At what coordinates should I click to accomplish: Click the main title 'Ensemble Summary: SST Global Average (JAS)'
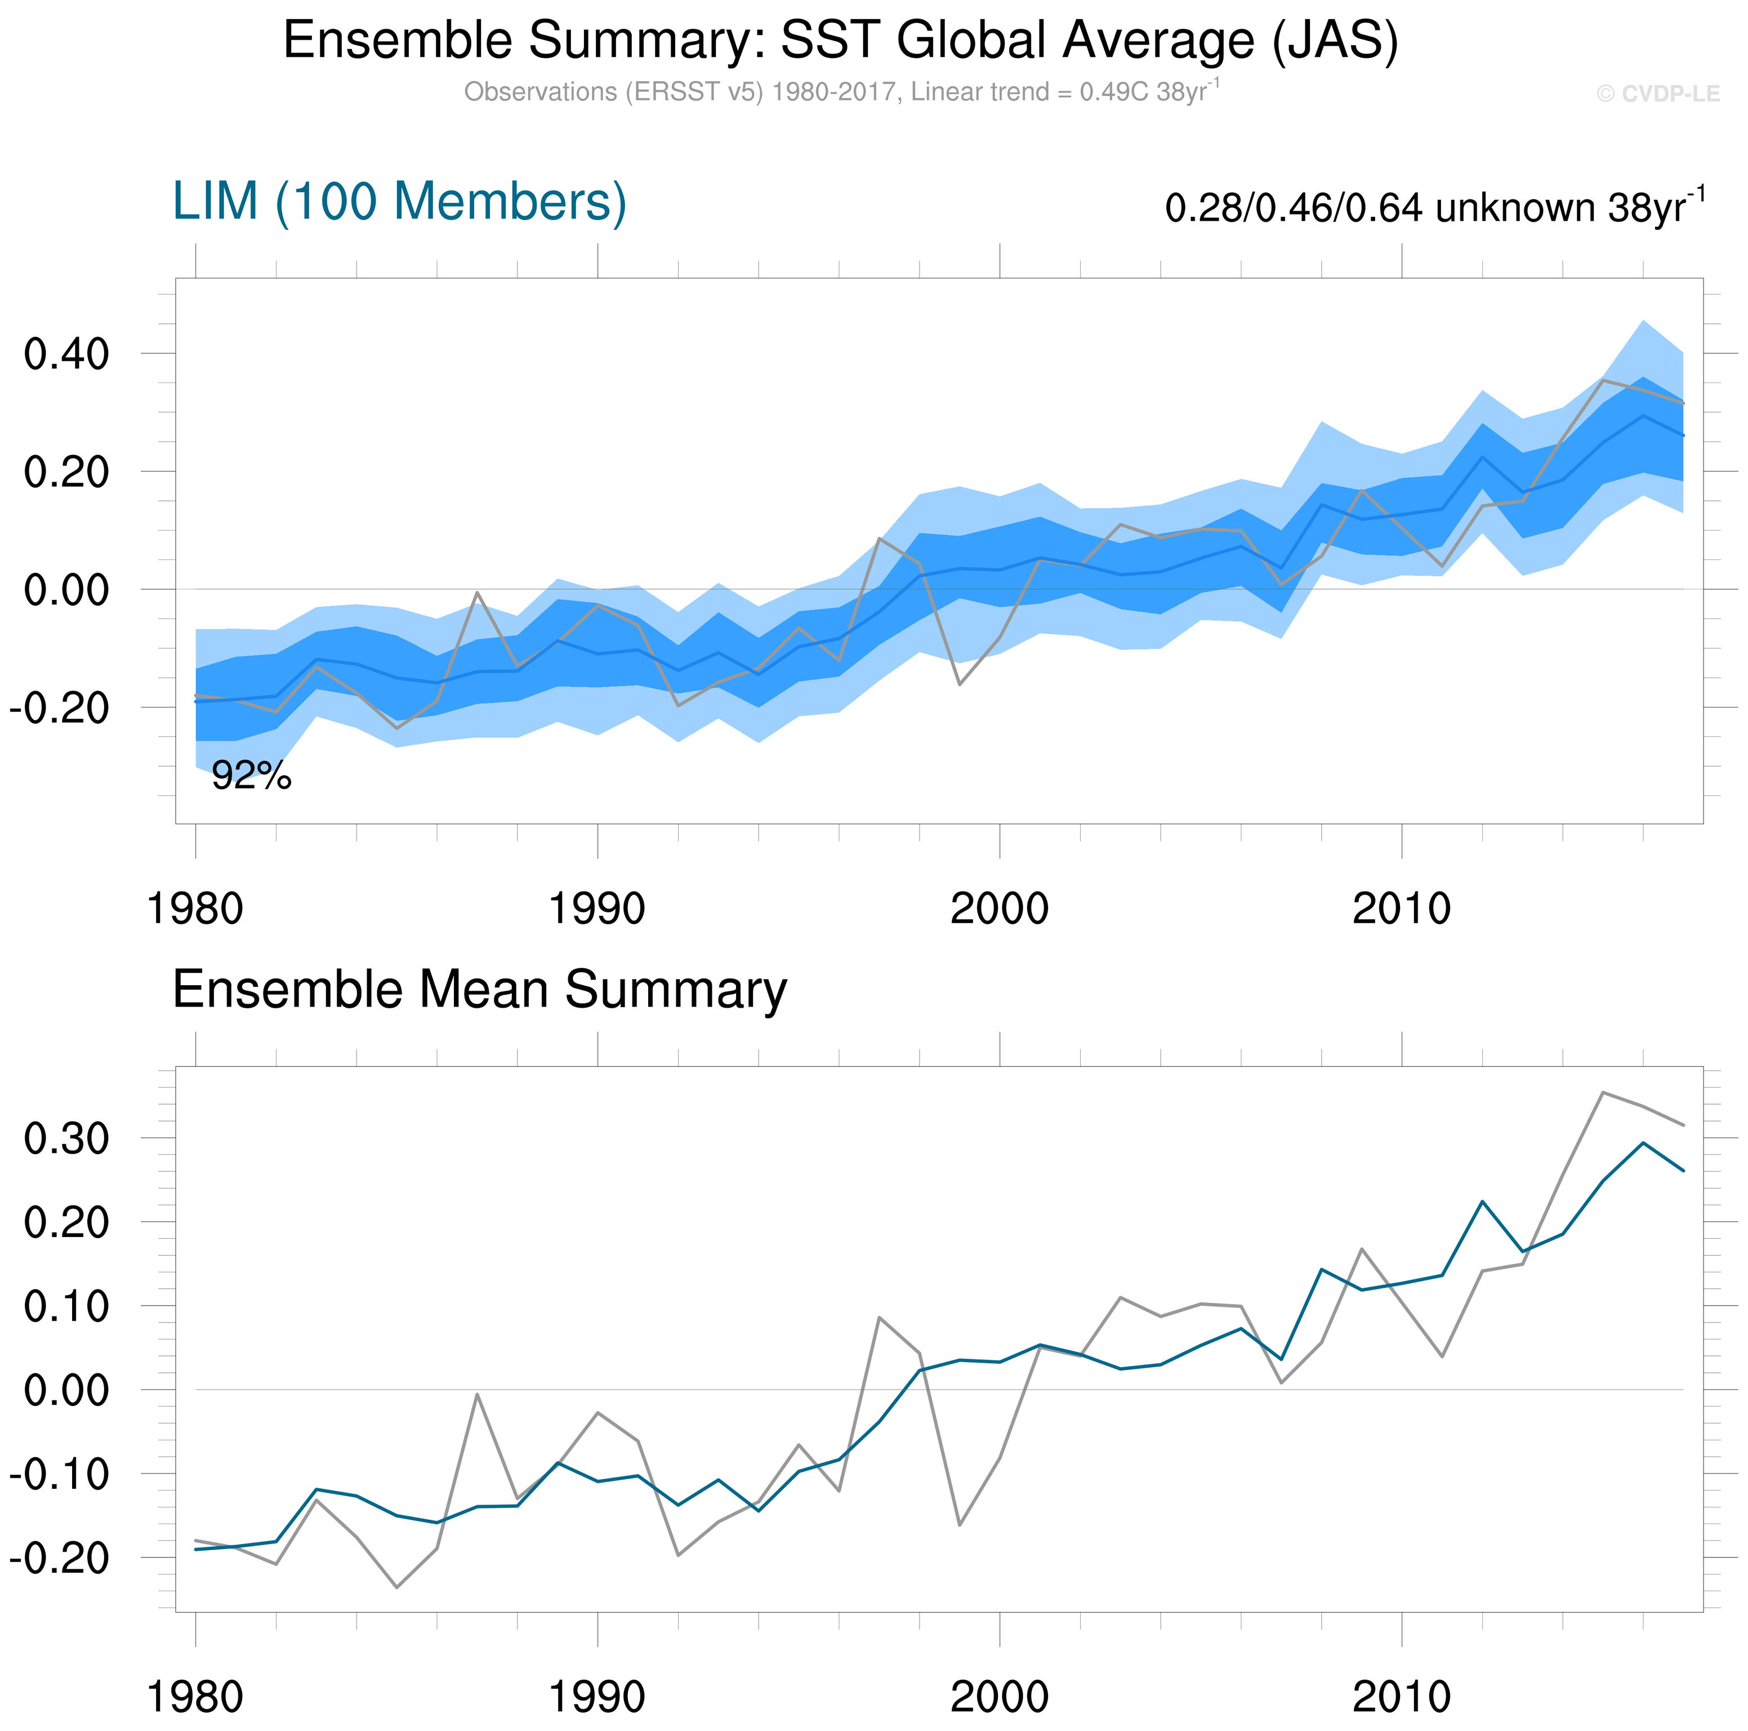coord(841,41)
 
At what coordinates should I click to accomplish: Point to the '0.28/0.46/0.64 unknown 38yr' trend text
coord(1424,208)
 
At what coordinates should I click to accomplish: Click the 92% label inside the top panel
coord(252,776)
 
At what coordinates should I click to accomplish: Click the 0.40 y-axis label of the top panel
coord(66,354)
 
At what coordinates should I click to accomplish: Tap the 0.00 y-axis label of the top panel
coord(66,590)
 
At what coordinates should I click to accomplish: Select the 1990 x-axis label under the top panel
coord(597,907)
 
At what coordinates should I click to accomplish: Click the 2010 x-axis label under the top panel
coord(1402,907)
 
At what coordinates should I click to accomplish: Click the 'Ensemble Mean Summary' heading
coord(480,989)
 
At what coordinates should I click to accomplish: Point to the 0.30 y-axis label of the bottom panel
coord(66,1138)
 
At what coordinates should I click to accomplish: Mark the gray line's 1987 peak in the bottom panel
coord(477,1394)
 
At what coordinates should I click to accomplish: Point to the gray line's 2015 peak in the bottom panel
coord(1602,1092)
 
